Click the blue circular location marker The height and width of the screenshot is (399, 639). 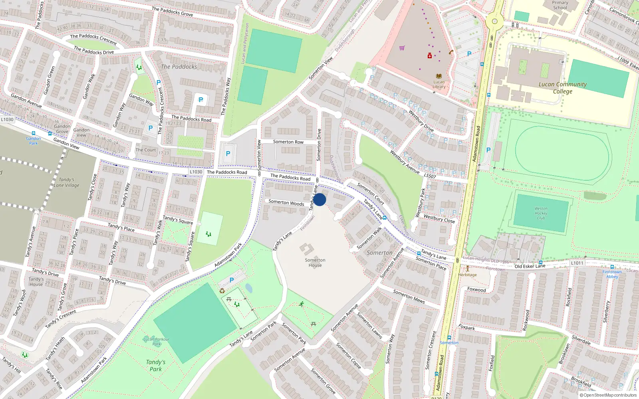point(319,199)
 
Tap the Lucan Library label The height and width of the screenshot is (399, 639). point(439,84)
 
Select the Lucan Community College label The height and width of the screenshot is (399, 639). point(562,88)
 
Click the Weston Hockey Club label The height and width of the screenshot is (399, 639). point(541,213)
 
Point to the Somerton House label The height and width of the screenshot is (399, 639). point(315,263)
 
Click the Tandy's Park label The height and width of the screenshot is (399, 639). point(155,365)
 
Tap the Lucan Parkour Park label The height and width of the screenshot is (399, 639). point(156,342)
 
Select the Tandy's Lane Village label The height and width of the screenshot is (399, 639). point(66,182)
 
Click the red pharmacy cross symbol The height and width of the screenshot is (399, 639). point(430,56)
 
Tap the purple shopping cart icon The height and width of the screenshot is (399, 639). point(402,48)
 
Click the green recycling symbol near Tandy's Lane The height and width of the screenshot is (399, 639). point(222,291)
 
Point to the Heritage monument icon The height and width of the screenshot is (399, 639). point(467,269)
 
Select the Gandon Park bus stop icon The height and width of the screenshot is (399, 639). point(34,134)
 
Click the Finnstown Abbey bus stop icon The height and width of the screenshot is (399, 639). point(612,267)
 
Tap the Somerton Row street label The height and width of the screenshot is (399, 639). point(288,142)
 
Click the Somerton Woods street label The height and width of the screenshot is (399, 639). point(286,203)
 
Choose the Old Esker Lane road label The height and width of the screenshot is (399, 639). point(530,266)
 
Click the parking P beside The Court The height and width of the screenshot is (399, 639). point(150,128)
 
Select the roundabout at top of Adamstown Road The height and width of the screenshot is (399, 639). point(494,21)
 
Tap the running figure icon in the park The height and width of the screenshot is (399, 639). point(302,304)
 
